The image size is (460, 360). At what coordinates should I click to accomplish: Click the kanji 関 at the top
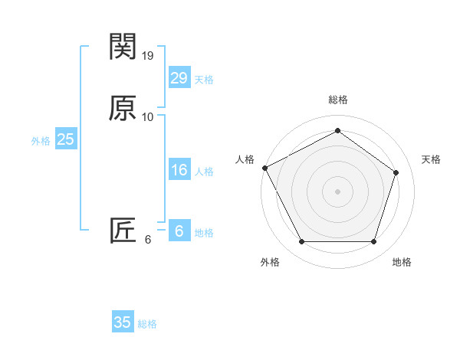pyautogui.click(x=123, y=47)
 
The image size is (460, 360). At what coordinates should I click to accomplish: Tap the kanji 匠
pyautogui.click(x=123, y=230)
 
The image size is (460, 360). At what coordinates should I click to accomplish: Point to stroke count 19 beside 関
pyautogui.click(x=148, y=55)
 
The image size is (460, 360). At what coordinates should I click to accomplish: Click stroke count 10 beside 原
pyautogui.click(x=148, y=116)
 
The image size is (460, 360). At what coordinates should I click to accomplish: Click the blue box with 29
pyautogui.click(x=179, y=78)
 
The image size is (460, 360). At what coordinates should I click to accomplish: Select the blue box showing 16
pyautogui.click(x=179, y=170)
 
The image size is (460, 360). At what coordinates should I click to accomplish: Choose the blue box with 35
pyautogui.click(x=123, y=322)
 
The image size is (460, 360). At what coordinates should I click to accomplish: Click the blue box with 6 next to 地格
pyautogui.click(x=179, y=231)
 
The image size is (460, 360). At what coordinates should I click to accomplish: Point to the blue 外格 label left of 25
pyautogui.click(x=40, y=140)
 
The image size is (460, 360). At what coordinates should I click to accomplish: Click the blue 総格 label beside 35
pyautogui.click(x=147, y=324)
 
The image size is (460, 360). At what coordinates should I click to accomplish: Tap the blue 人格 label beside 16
pyautogui.click(x=204, y=172)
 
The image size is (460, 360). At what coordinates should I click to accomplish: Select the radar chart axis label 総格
pyautogui.click(x=337, y=100)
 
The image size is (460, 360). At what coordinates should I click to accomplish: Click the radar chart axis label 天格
pyautogui.click(x=431, y=159)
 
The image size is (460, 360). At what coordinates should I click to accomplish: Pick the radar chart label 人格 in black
pyautogui.click(x=245, y=159)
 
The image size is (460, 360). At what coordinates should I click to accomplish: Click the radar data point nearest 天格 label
pyautogui.click(x=396, y=172)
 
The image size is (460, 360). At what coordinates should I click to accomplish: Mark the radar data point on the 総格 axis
pyautogui.click(x=337, y=131)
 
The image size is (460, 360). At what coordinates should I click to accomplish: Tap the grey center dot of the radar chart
pyautogui.click(x=337, y=191)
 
